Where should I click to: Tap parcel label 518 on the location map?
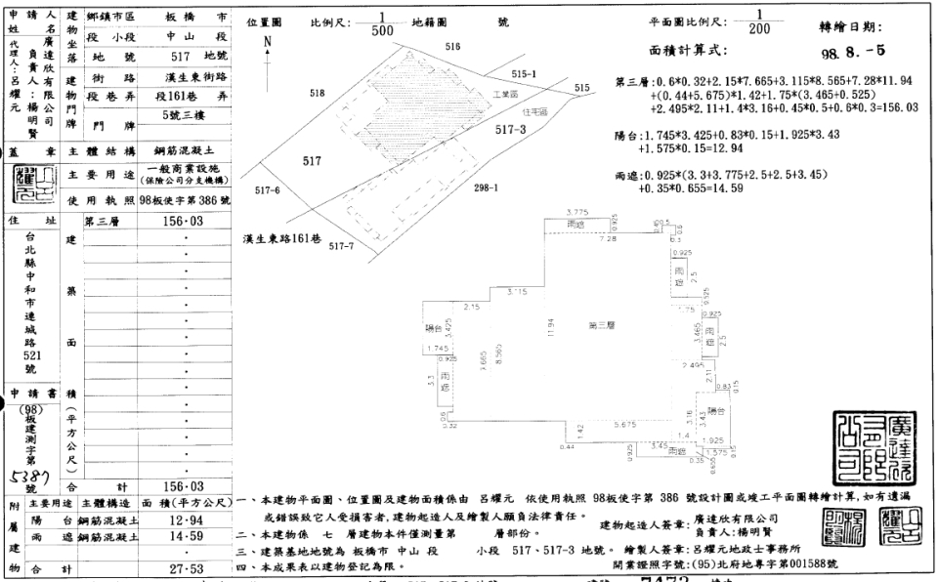click(x=317, y=93)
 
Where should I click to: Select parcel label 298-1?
click(x=487, y=187)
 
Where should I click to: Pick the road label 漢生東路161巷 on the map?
click(x=284, y=238)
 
